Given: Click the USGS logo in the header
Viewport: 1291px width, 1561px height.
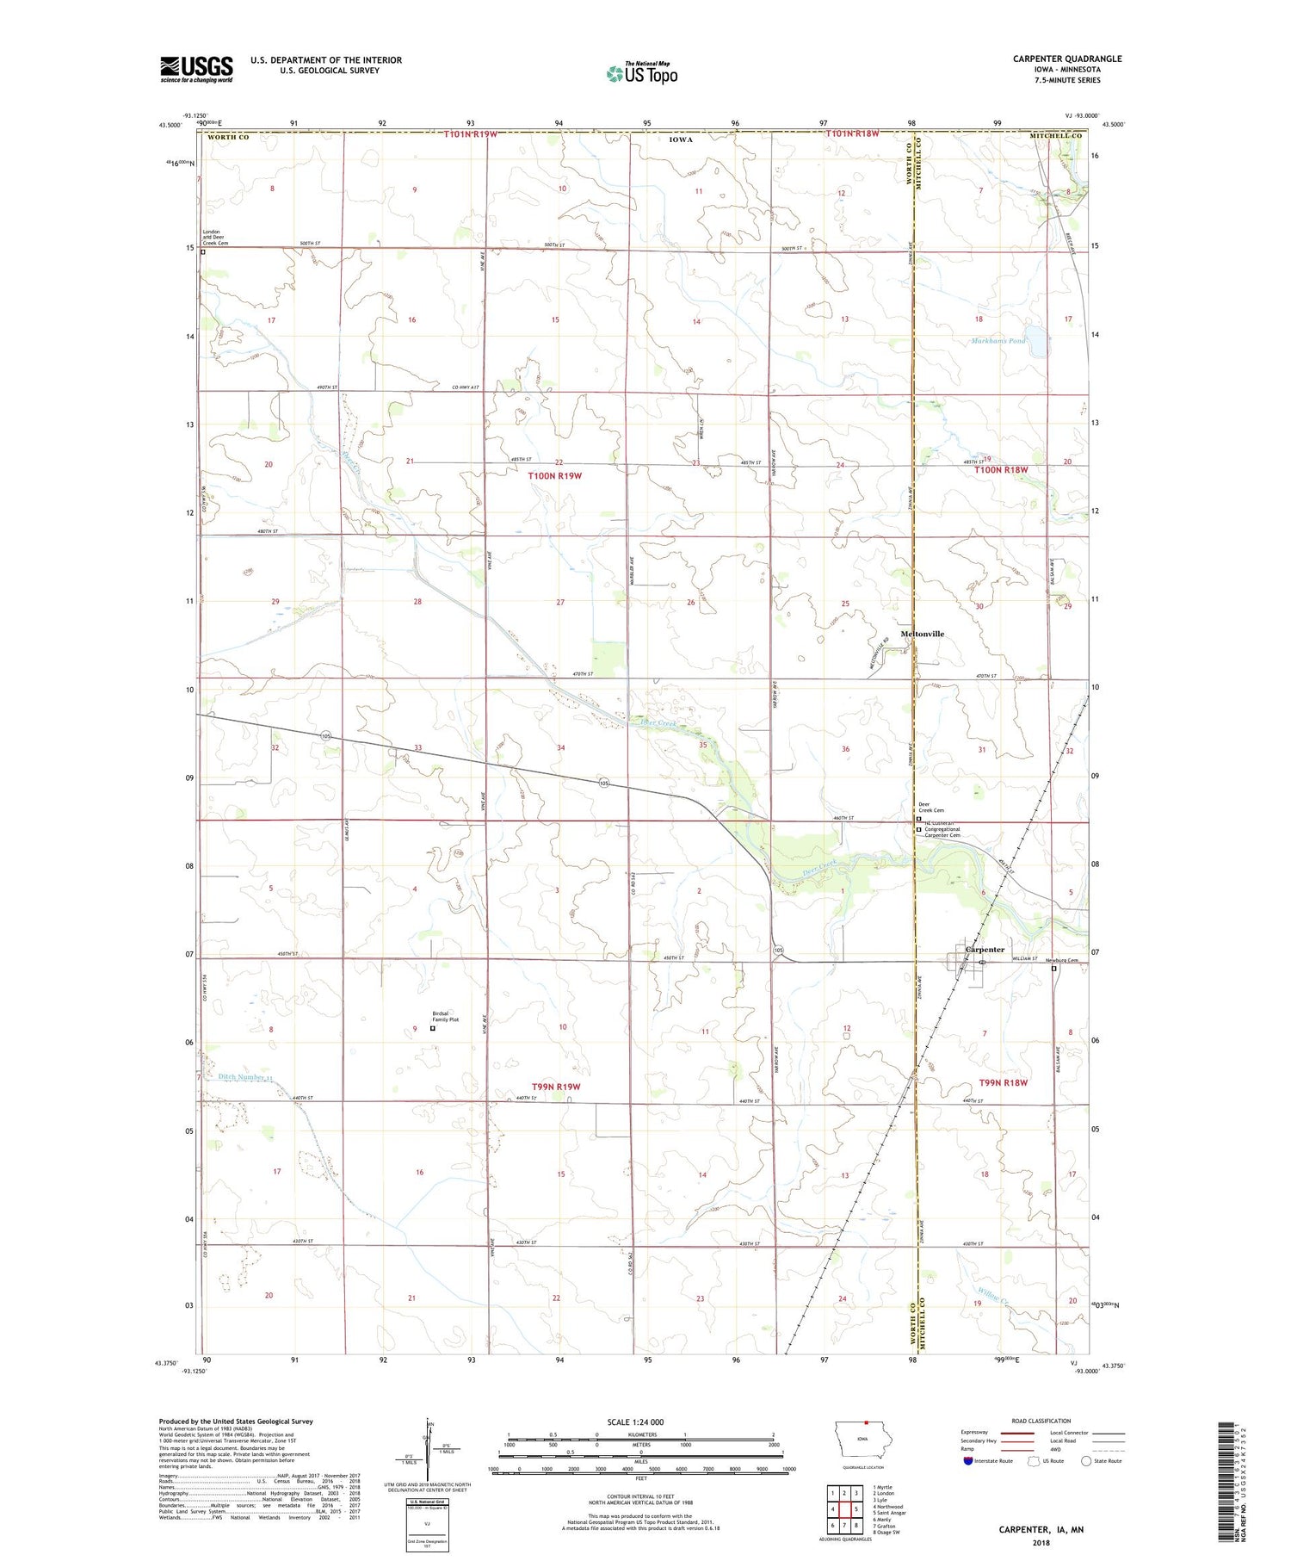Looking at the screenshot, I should pos(196,69).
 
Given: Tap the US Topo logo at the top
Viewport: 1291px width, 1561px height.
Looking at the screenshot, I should pos(642,74).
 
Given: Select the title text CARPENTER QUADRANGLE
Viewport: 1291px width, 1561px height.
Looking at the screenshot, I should pos(1066,59).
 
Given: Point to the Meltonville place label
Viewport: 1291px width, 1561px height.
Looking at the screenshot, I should pos(922,634).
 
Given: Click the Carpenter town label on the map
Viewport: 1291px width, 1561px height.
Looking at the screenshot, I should pos(985,950).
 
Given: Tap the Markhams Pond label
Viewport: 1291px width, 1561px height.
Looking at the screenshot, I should pos(998,341).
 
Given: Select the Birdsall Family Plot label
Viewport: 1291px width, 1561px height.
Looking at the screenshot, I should pos(445,1016).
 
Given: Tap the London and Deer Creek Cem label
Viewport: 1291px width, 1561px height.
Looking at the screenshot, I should pos(215,238).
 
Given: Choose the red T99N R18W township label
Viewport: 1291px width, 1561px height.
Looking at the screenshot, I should pos(1003,1082).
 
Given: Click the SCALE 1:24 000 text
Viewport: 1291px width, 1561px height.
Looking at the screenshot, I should pos(635,1422).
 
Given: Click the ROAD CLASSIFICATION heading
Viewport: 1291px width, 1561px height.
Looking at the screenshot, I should pos(1041,1421).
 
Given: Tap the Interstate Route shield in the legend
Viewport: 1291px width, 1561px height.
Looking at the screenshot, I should pos(968,1461).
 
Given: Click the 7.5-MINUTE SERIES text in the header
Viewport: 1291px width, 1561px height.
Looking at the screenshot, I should pos(1067,80).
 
